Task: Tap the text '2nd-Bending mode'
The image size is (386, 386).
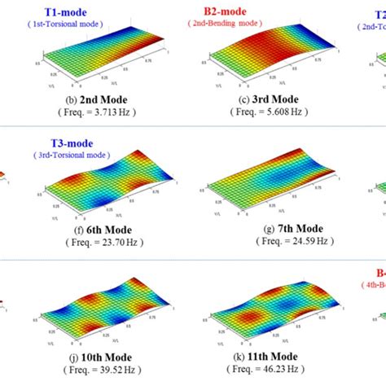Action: tap(230, 25)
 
